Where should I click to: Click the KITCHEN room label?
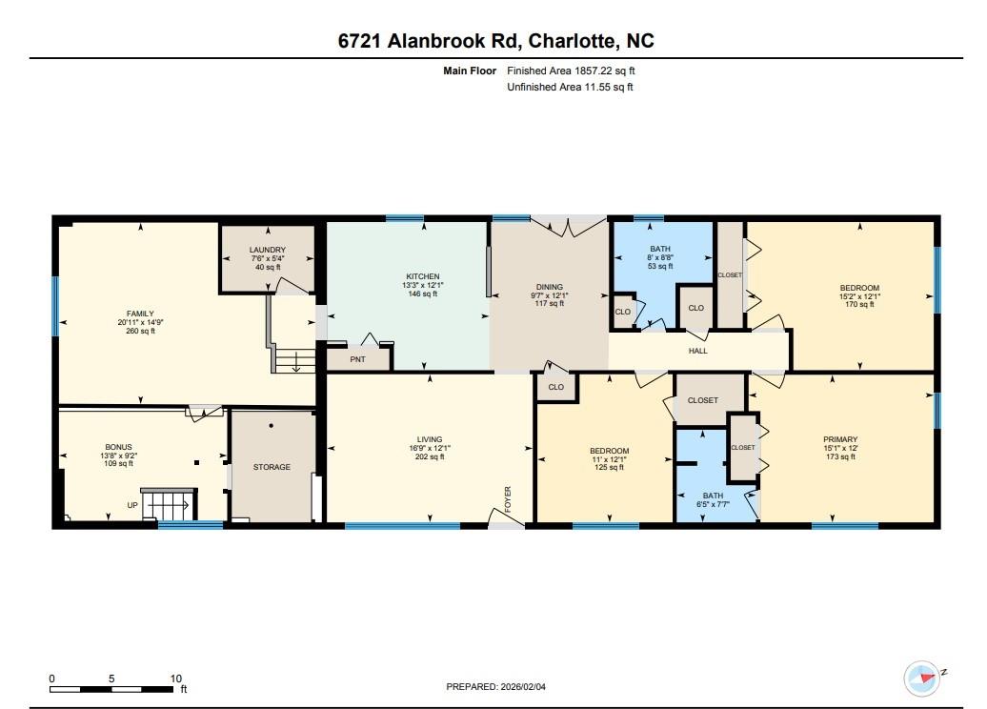pos(422,276)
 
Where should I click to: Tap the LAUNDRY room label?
pos(267,250)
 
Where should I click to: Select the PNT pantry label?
pos(357,359)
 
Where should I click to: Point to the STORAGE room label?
pos(272,467)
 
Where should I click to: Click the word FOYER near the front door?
pos(508,499)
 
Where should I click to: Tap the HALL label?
pos(697,351)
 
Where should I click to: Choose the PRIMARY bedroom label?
pos(840,439)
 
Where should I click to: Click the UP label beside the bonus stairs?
pos(132,505)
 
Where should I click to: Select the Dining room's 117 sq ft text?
pos(550,303)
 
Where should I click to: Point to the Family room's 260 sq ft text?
pos(140,331)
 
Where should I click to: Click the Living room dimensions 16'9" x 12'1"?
pos(430,448)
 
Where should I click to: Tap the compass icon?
pos(921,679)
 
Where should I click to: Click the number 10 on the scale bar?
pos(175,679)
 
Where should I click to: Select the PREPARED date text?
pos(496,687)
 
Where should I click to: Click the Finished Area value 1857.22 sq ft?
pos(604,71)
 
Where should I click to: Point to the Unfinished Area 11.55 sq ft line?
pos(571,87)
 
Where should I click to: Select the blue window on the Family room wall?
pos(54,306)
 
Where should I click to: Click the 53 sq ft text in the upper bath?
pos(660,266)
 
